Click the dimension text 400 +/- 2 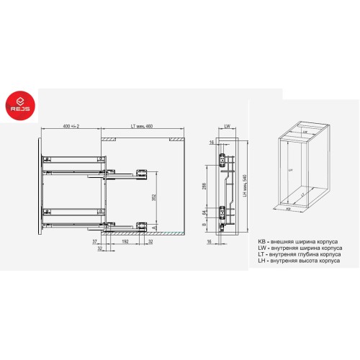coord(71,126)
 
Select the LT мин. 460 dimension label coord(142,126)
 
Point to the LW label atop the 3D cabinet coord(305,132)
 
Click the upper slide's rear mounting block coord(143,172)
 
